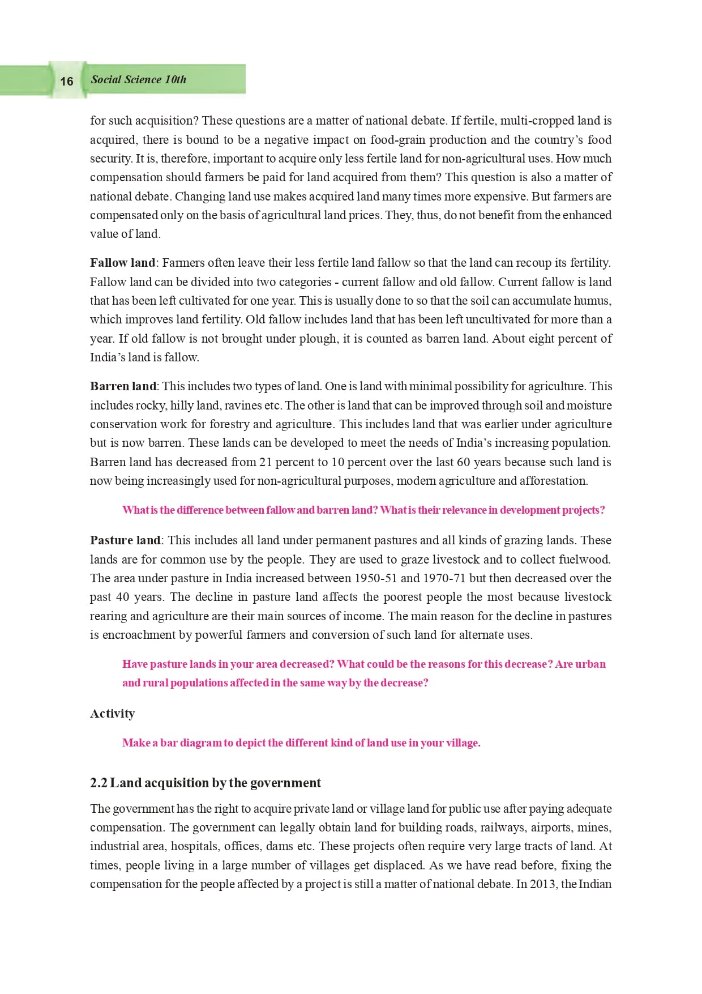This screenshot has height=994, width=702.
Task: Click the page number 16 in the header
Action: click(x=66, y=81)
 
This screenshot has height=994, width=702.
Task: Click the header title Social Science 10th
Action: click(x=138, y=79)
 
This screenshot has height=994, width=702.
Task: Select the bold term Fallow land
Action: click(x=122, y=263)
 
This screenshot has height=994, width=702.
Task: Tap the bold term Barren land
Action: click(x=123, y=386)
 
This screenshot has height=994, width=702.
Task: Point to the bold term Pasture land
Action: click(x=125, y=540)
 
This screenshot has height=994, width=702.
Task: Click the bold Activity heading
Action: click(x=112, y=714)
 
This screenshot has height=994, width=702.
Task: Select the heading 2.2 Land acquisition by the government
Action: click(x=205, y=783)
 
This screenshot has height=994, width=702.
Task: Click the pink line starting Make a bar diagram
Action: click(x=301, y=743)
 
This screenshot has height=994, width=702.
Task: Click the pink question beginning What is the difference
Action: click(x=363, y=510)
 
